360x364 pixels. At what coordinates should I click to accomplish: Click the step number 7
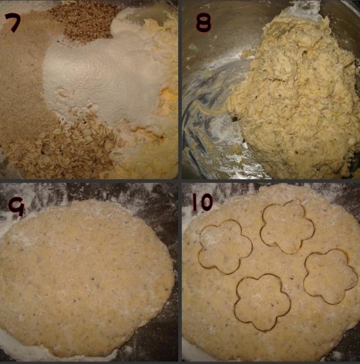pyautogui.click(x=13, y=22)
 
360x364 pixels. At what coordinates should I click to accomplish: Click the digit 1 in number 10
pyautogui.click(x=195, y=202)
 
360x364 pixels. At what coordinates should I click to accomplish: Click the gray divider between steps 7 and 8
pyautogui.click(x=180, y=90)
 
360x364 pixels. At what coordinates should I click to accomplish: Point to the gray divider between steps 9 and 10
pyautogui.click(x=180, y=272)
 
